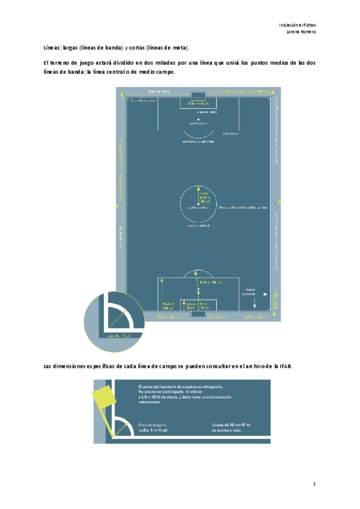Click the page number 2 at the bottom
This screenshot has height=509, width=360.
[314, 483]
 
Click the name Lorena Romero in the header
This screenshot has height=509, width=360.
[301, 31]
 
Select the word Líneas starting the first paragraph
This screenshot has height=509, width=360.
[52, 47]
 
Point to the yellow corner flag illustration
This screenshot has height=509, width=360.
[103, 397]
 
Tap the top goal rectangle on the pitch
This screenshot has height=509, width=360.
[198, 95]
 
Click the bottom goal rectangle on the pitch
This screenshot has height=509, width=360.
[198, 312]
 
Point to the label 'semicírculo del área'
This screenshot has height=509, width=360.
[198, 142]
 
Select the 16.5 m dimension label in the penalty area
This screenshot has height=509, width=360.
[169, 306]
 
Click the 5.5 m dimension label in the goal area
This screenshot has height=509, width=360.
[191, 306]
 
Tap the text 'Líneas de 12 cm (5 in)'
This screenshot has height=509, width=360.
[232, 427]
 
